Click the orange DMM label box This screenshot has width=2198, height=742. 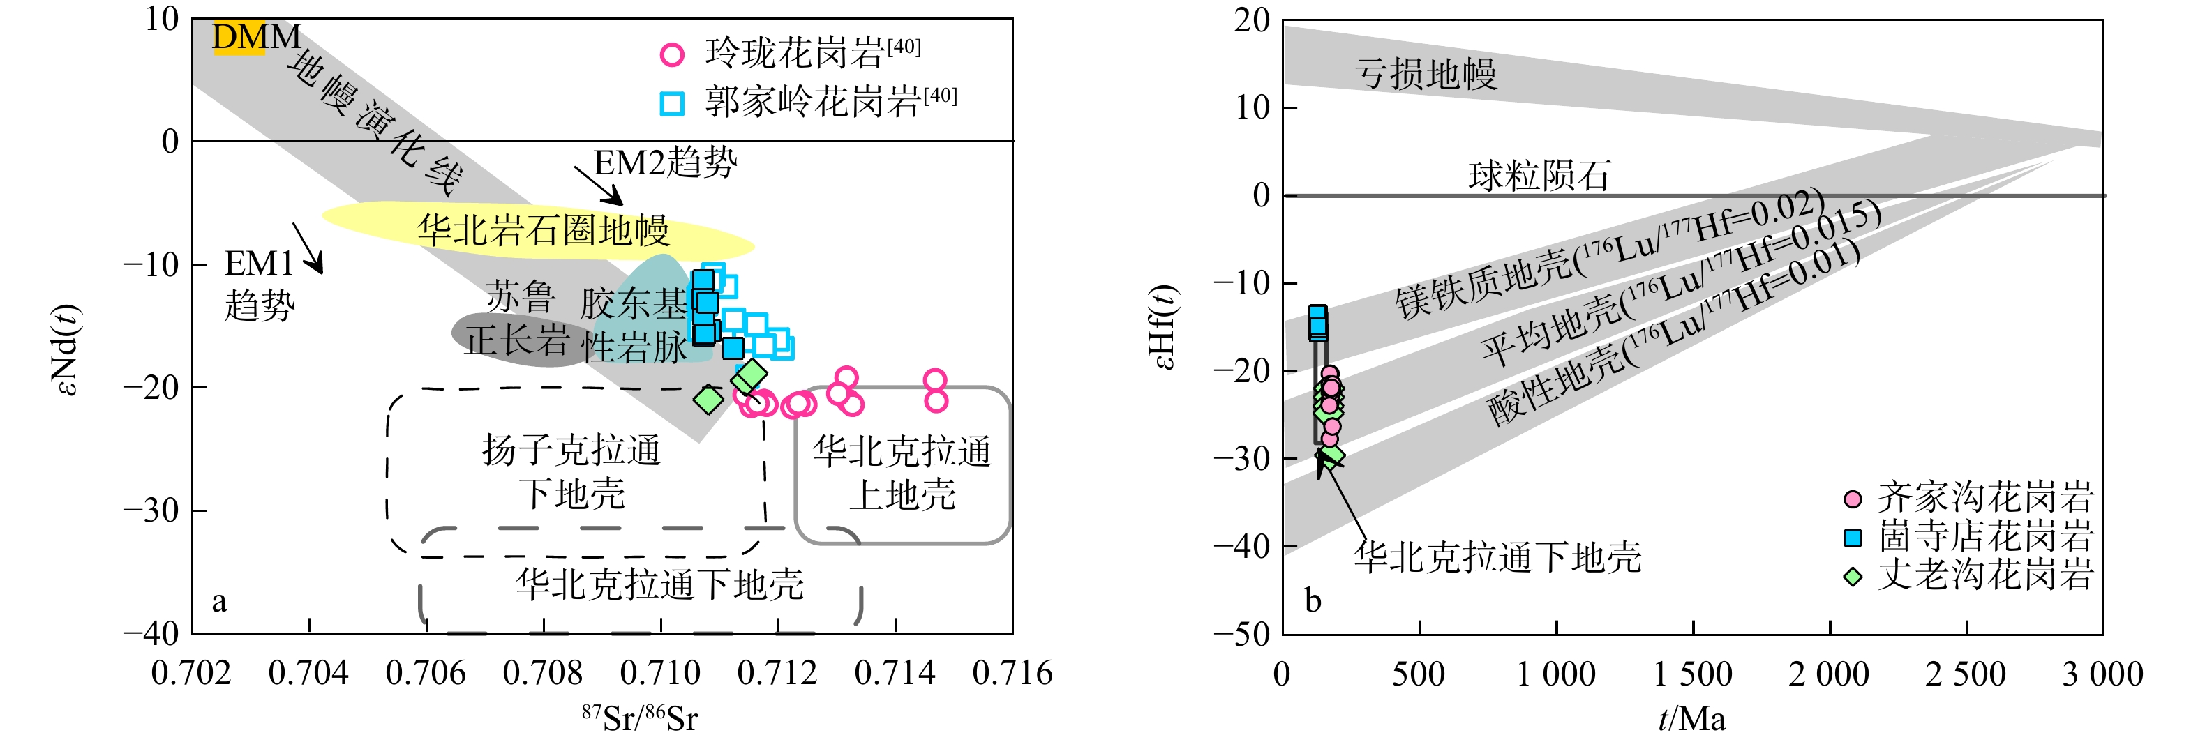coord(238,38)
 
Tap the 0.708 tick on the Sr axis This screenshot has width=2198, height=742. coord(543,674)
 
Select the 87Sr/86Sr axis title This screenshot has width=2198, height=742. coord(640,718)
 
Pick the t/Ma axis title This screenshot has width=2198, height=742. coord(1692,719)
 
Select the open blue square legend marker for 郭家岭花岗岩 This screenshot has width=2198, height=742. coord(673,103)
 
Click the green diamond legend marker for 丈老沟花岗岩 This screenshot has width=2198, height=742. coord(1853,577)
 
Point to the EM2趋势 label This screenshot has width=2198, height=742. coord(666,162)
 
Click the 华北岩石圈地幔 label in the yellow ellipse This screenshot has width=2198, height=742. coord(544,230)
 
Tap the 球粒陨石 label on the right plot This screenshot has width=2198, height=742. coord(1539,176)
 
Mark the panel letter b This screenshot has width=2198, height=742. coord(1313,601)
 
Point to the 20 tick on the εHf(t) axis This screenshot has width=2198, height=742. coord(1253,20)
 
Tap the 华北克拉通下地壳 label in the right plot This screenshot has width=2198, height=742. coord(1497,558)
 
